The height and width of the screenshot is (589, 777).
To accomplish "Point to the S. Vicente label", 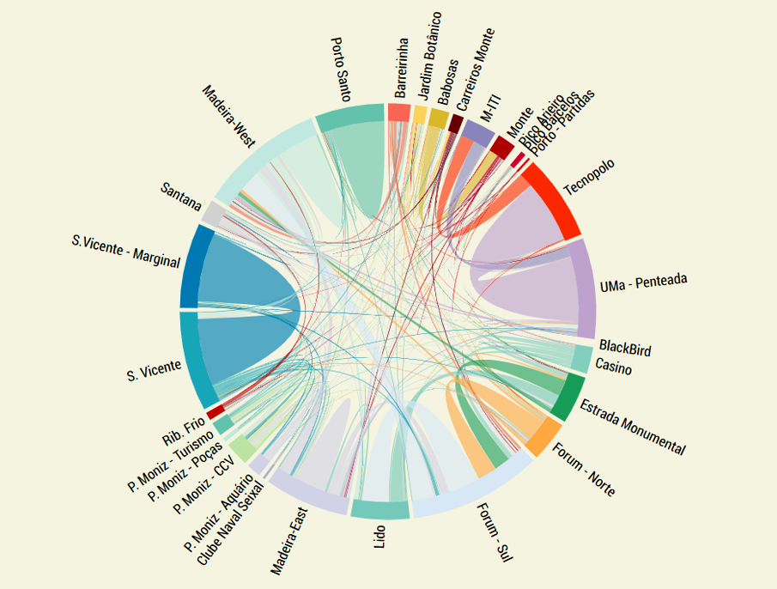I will coord(154,371).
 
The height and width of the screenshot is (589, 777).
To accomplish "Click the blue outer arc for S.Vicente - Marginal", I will coord(189,265).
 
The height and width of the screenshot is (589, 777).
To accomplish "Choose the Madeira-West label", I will coord(228,116).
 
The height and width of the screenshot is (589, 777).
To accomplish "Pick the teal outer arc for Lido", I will coord(379,509).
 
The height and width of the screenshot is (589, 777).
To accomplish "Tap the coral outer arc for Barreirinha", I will coord(398,112).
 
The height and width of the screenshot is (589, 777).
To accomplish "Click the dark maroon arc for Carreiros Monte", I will coord(455,124).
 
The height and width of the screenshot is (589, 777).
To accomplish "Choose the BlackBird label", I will coord(625,348).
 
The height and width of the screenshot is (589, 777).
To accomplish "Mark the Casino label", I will coord(613,368).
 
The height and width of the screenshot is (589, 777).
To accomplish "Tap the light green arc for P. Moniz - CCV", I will coord(242,448).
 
